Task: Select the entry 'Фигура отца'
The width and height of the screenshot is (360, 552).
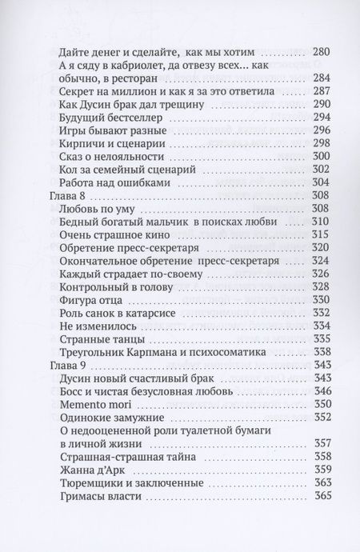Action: click(x=95, y=299)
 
